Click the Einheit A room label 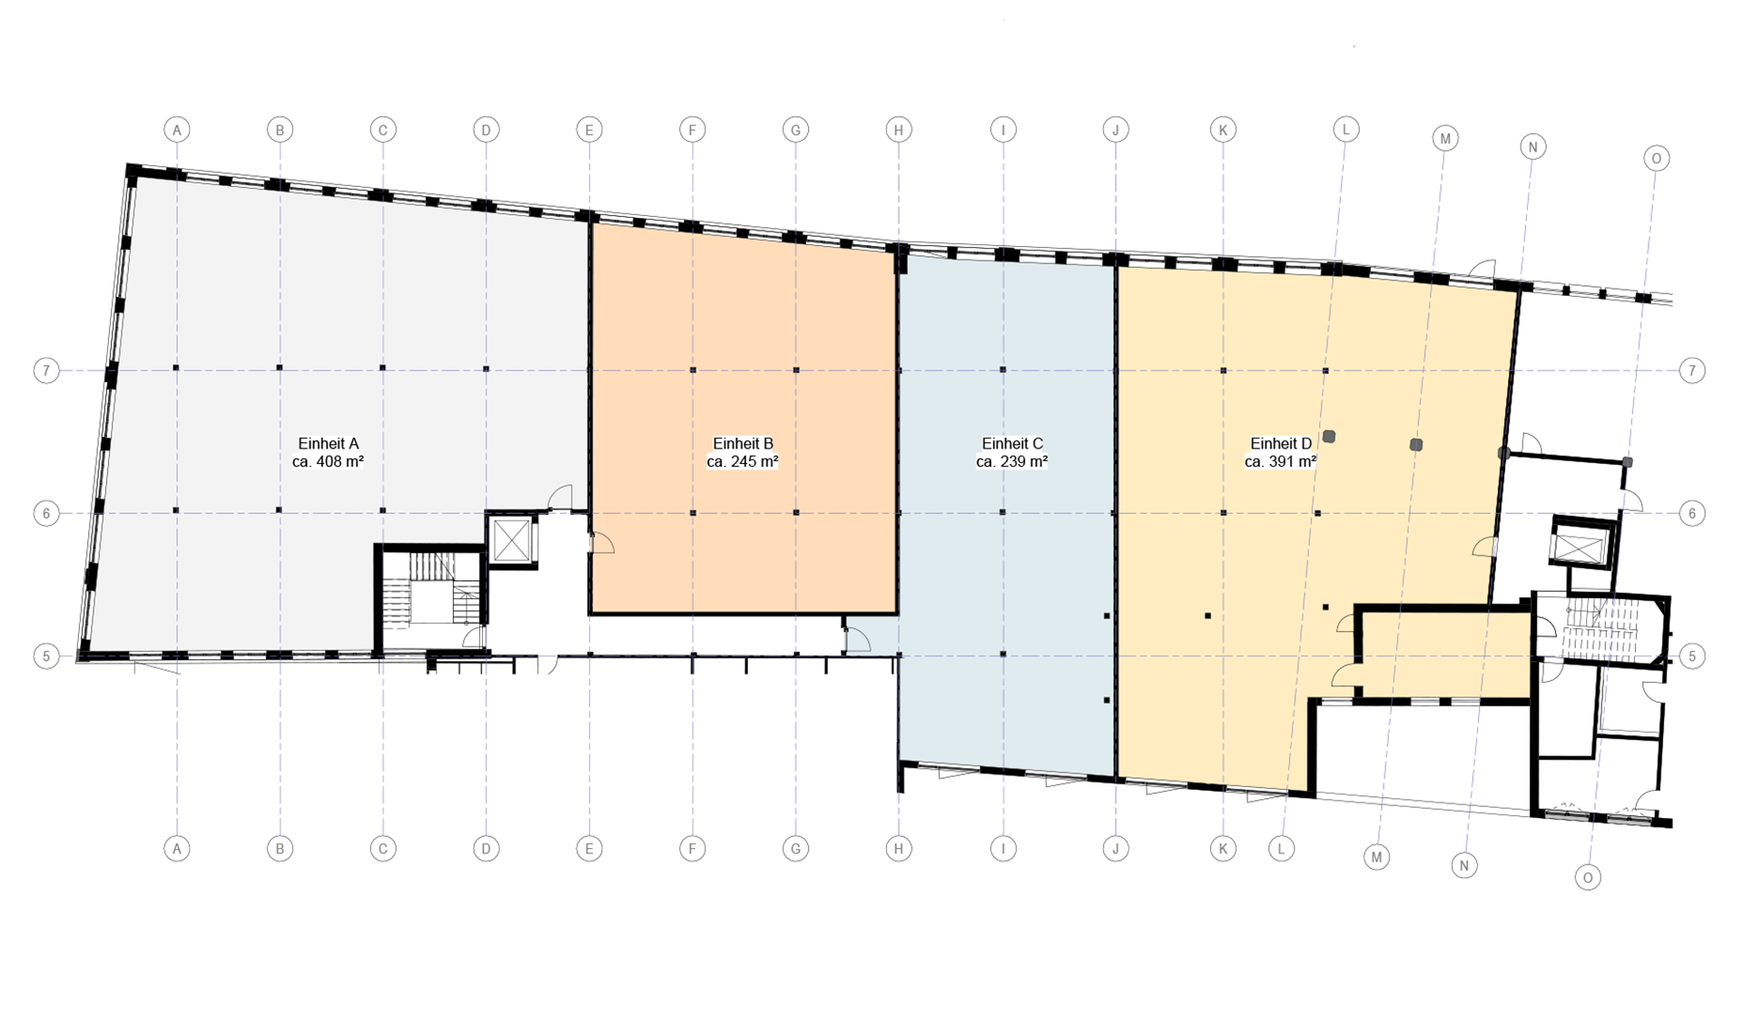pyautogui.click(x=329, y=444)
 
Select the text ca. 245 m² pyautogui.click(x=743, y=461)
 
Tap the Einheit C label pyautogui.click(x=1012, y=444)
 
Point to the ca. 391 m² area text pyautogui.click(x=1281, y=461)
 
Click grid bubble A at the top pyautogui.click(x=177, y=130)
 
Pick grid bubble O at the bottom pyautogui.click(x=1588, y=877)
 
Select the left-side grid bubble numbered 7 pyautogui.click(x=46, y=370)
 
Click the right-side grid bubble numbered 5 pyautogui.click(x=1692, y=655)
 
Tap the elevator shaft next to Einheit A pyautogui.click(x=512, y=541)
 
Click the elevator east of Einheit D pyautogui.click(x=1581, y=545)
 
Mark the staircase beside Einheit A pyautogui.click(x=430, y=599)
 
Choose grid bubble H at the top pyautogui.click(x=899, y=130)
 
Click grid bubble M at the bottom pyautogui.click(x=1377, y=857)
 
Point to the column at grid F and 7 pyautogui.click(x=693, y=370)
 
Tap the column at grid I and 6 pyautogui.click(x=1003, y=513)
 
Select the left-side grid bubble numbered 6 pyautogui.click(x=46, y=513)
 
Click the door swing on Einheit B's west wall pyautogui.click(x=603, y=543)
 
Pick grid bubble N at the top pyautogui.click(x=1533, y=147)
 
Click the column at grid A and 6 pyautogui.click(x=176, y=510)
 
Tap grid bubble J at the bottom pyautogui.click(x=1116, y=849)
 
